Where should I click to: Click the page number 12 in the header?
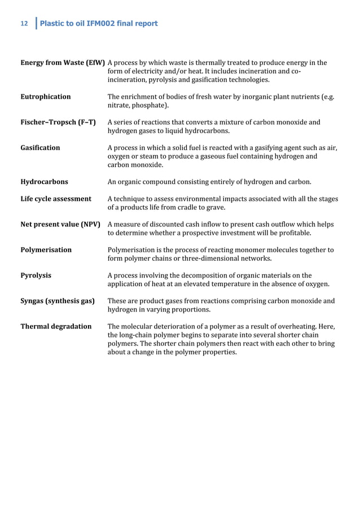click(24, 24)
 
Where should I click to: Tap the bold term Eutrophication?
click(46, 96)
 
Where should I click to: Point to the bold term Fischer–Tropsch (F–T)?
click(58, 122)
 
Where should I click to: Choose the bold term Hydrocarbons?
click(45, 182)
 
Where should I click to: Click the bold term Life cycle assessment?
click(56, 199)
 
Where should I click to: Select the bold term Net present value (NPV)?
click(60, 224)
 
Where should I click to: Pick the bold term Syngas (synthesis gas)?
click(58, 301)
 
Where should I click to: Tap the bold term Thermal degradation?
click(56, 326)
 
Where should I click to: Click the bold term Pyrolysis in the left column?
click(36, 275)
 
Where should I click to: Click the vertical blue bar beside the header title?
click(36, 24)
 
